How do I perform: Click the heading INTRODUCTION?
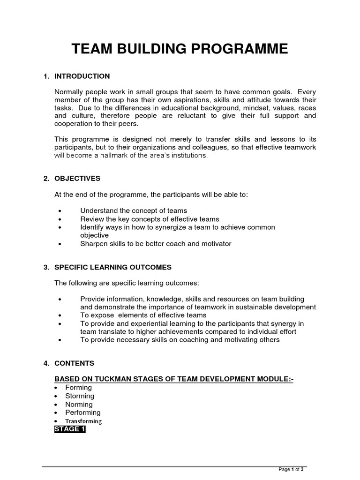point(82,76)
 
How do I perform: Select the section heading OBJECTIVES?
point(77,179)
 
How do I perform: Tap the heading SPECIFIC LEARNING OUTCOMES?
point(113,267)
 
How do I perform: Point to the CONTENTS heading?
point(75,363)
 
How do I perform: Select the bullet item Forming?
point(79,388)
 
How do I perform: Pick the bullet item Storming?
point(80,396)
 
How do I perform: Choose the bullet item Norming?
point(79,405)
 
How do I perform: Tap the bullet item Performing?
point(83,412)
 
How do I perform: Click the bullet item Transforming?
point(83,421)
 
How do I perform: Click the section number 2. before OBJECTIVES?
point(46,179)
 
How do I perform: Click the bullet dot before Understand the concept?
point(60,211)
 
